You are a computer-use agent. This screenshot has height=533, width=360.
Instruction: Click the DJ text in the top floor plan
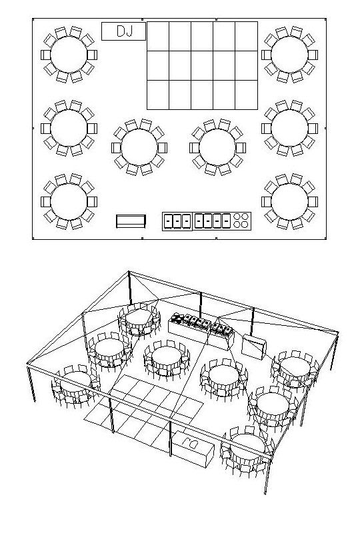(125, 31)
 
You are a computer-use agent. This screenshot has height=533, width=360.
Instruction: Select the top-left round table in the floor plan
(69, 55)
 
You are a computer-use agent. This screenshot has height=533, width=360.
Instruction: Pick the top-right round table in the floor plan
(289, 55)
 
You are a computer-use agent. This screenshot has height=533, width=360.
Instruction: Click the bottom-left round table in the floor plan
(69, 202)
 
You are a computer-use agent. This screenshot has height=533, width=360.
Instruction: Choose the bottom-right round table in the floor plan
(289, 202)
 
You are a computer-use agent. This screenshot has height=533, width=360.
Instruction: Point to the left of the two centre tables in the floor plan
(139, 147)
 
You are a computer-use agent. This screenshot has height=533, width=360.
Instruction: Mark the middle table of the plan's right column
(289, 128)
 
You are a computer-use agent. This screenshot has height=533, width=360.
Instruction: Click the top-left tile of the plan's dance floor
(158, 37)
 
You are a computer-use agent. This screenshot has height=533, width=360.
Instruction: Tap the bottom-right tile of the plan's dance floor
(247, 95)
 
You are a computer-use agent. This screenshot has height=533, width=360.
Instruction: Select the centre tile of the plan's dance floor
(202, 65)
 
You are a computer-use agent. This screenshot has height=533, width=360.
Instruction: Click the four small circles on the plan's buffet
(241, 221)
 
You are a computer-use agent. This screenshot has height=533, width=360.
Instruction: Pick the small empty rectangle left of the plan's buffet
(131, 221)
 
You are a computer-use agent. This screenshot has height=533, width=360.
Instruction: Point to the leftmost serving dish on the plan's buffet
(168, 221)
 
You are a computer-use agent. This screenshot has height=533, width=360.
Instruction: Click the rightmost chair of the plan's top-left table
(92, 55)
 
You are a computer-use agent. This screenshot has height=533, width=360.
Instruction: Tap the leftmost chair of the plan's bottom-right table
(267, 202)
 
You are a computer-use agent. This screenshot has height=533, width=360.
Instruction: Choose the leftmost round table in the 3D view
(75, 385)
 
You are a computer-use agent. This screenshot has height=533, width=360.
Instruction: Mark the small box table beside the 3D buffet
(254, 347)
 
